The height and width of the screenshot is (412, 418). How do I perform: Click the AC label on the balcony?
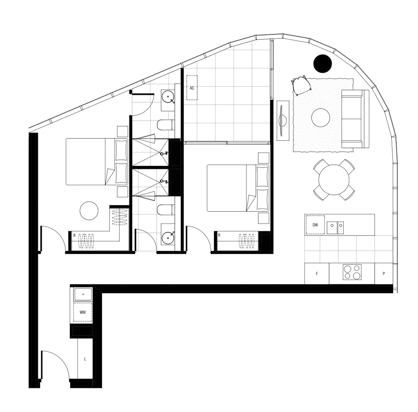(x=192, y=88)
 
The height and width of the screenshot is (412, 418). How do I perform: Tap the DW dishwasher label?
(x=315, y=225)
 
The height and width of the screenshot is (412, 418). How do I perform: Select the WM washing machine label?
(x=82, y=312)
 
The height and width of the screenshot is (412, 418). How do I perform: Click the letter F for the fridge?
(x=317, y=274)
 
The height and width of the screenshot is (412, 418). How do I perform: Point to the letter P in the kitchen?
(x=383, y=274)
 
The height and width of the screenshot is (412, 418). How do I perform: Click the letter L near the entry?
(x=85, y=359)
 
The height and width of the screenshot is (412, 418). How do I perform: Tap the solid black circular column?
(x=323, y=64)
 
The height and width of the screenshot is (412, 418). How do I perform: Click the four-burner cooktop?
(x=352, y=272)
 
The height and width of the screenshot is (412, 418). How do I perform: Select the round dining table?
(x=334, y=180)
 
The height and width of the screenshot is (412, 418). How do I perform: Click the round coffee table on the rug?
(x=320, y=118)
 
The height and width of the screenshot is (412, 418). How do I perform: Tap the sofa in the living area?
(x=355, y=119)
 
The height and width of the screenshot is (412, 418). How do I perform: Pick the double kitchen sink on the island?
(x=335, y=228)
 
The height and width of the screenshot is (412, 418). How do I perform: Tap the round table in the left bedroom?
(x=89, y=211)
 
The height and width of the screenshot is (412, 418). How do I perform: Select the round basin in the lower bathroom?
(x=168, y=238)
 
